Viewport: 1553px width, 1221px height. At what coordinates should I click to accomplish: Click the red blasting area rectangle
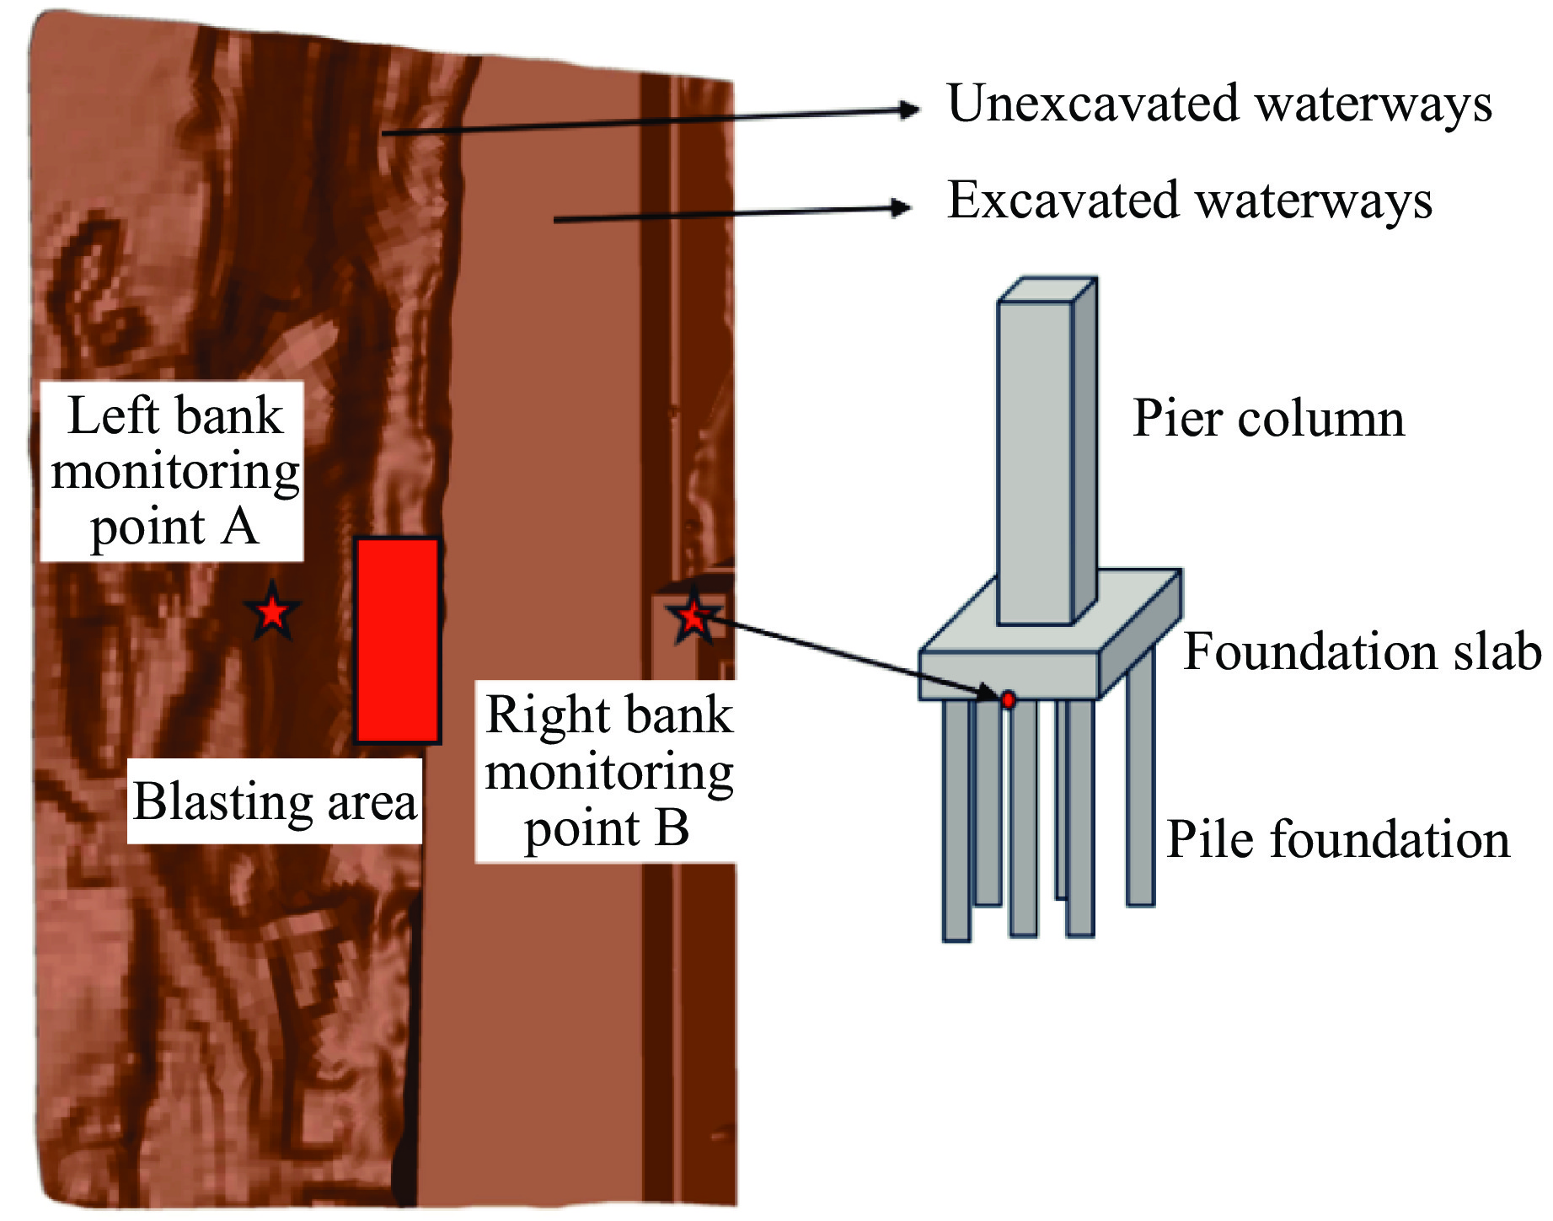tap(397, 640)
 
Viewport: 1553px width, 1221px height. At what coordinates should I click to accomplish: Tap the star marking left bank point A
tap(272, 611)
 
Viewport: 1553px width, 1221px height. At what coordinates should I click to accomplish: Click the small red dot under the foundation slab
tap(1008, 699)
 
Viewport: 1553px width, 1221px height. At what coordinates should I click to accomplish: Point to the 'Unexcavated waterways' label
tap(1218, 104)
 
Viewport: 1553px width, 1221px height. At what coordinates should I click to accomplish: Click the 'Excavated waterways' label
tap(1189, 201)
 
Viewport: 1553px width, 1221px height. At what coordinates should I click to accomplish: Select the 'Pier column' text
tap(1268, 419)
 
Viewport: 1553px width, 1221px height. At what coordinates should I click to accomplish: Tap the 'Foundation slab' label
tap(1362, 652)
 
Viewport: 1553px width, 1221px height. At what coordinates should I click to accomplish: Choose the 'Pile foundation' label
tap(1337, 840)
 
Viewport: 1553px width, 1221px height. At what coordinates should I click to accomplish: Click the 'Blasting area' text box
tap(275, 801)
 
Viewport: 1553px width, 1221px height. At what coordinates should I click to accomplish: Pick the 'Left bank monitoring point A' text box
tap(173, 471)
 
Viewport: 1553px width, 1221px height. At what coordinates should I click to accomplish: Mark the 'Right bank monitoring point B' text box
tap(607, 771)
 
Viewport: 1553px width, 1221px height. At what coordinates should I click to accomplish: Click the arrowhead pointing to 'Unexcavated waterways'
tap(909, 110)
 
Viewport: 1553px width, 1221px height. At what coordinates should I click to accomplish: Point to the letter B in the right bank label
tap(672, 828)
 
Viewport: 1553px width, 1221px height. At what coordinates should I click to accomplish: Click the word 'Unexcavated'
tap(1094, 104)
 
